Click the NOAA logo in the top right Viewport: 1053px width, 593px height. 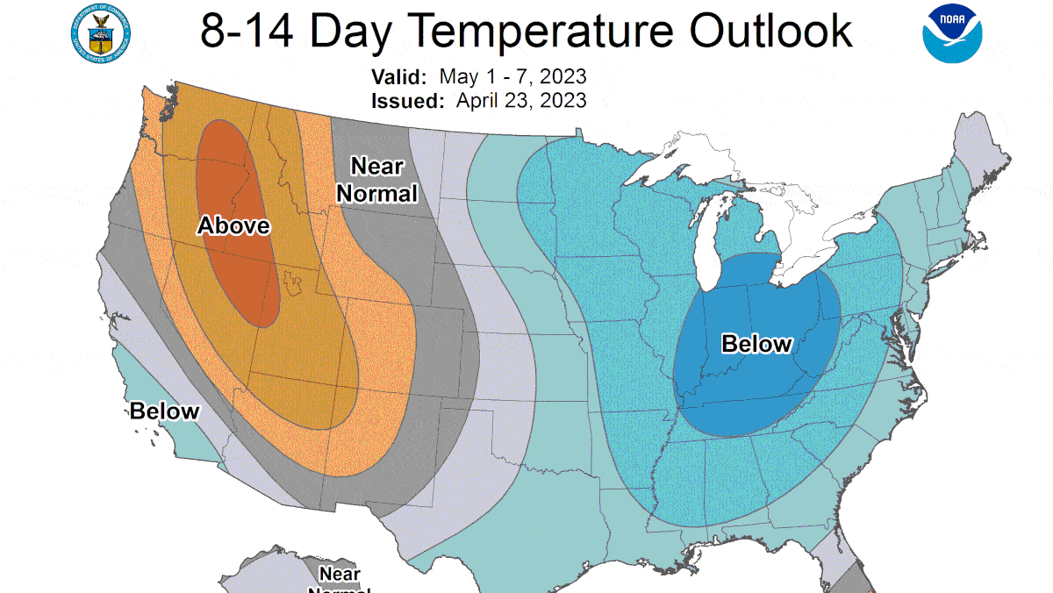tap(952, 33)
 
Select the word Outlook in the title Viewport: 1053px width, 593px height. tap(770, 32)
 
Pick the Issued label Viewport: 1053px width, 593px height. tap(407, 100)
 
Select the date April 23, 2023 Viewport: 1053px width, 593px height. tap(520, 100)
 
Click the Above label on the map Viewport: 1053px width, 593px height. tap(233, 225)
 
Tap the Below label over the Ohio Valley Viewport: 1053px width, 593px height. tap(756, 344)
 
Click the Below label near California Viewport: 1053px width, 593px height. tap(165, 411)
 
